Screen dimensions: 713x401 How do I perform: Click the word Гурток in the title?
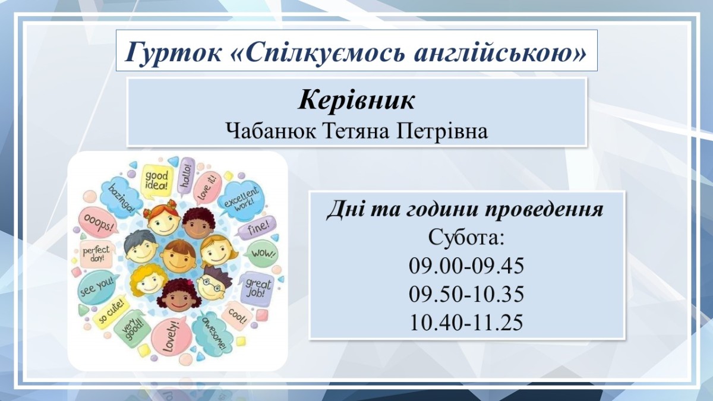[x=173, y=51]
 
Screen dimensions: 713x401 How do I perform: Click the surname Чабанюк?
[x=271, y=131]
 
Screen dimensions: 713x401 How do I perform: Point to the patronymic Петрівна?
[x=442, y=131]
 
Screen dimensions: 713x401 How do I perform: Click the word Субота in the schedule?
[x=463, y=237]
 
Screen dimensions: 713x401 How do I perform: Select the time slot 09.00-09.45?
[x=466, y=266]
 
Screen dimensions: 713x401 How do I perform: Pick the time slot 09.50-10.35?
[x=466, y=293]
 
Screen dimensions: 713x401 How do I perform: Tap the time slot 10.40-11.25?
[x=466, y=322]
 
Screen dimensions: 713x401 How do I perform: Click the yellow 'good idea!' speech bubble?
[x=157, y=181]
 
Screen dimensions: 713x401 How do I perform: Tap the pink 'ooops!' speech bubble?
[x=98, y=222]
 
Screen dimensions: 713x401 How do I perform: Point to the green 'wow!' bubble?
[x=263, y=254]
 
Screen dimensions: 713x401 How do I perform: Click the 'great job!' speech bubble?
[x=255, y=289]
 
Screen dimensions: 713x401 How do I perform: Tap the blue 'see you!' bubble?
[x=96, y=287]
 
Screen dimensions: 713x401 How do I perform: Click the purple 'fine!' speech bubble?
[x=257, y=227]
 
